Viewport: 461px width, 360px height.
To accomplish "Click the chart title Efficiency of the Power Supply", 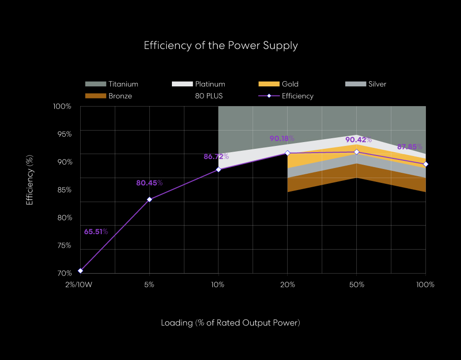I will click(221, 46).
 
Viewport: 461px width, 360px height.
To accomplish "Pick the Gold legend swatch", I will click(268, 84).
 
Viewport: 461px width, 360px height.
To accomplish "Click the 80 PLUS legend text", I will click(209, 96).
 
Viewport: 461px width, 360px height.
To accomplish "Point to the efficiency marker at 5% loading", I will click(149, 199).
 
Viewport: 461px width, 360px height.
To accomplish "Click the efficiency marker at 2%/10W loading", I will click(81, 271).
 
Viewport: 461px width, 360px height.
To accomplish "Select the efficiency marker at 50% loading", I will click(357, 152).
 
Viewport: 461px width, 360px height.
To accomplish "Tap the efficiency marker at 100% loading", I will click(425, 164).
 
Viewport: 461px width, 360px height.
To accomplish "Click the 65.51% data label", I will click(96, 232).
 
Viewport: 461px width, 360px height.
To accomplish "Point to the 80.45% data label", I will click(149, 183).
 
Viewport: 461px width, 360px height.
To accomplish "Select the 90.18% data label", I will click(282, 139).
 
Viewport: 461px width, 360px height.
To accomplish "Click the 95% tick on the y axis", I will click(63, 134).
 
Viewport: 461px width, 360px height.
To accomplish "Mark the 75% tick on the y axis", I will click(63, 245).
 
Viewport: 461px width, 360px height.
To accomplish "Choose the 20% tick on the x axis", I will click(288, 285).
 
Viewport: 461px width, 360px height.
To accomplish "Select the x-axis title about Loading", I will click(230, 323).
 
